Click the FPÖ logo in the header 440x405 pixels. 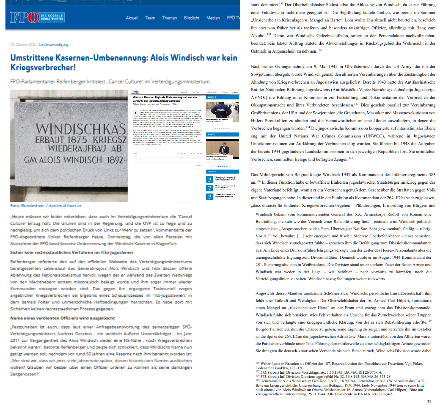pos(37,17)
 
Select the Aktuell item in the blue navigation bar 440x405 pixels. pos(132,18)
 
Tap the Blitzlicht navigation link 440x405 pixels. pos(192,18)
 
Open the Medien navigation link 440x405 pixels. pos(213,18)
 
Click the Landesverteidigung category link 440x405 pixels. pos(54,45)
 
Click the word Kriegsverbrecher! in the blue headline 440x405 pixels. pos(43,67)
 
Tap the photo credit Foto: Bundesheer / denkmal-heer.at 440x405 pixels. pos(46,206)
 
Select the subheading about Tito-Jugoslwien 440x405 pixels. pos(71,252)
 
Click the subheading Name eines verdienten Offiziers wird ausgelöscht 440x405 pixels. pos(62,318)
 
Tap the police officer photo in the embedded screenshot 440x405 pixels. pos(222,110)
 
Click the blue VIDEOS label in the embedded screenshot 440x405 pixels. pos(211,134)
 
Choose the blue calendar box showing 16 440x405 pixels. pos(210,179)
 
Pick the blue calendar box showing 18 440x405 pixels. pos(210,197)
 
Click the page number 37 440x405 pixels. pos(429,401)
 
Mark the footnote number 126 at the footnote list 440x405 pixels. pos(257,363)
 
